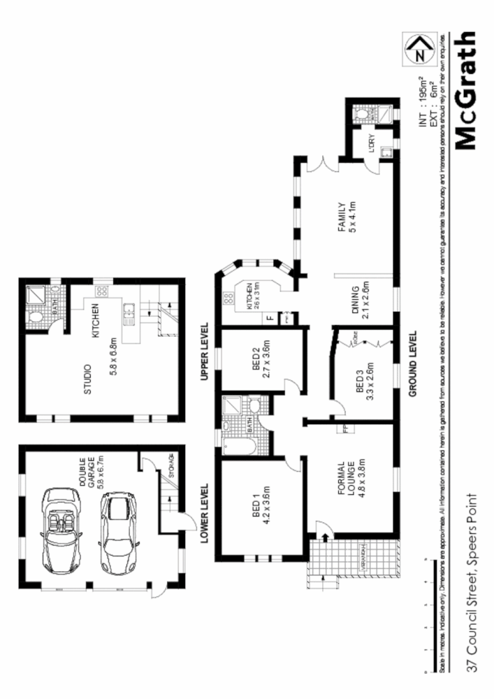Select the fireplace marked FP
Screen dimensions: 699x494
coord(344,428)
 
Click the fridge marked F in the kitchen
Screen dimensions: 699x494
coord(270,319)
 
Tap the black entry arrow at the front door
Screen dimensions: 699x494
coord(326,536)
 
